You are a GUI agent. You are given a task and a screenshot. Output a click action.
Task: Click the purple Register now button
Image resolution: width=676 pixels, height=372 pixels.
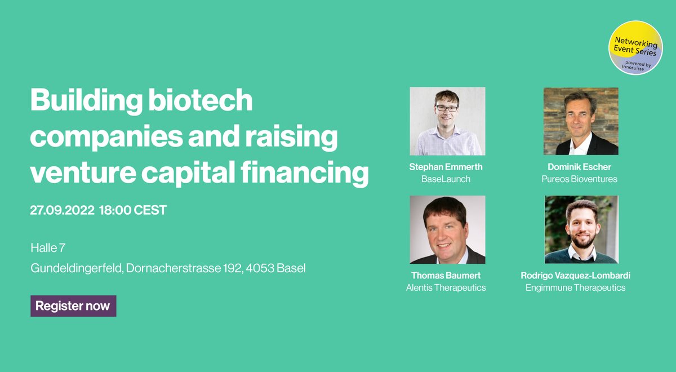tap(73, 306)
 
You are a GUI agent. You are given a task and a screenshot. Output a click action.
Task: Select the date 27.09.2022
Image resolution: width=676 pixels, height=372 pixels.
tap(61, 210)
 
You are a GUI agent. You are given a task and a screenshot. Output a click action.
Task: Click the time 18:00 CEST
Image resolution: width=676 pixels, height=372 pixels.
tap(133, 210)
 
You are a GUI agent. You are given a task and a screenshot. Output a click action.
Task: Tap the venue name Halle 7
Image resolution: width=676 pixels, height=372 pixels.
tap(49, 247)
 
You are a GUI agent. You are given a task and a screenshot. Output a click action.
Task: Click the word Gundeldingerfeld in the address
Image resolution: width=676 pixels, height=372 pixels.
tap(76, 268)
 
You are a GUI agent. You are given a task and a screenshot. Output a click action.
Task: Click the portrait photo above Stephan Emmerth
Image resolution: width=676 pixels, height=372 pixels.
tap(447, 121)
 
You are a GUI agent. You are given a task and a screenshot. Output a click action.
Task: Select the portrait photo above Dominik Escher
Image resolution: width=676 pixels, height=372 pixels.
tap(581, 121)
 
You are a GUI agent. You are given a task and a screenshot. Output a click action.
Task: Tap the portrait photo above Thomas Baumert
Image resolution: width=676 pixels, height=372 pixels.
tap(447, 229)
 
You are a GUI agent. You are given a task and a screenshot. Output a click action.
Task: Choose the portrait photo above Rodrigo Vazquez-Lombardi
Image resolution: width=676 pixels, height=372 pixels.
tap(581, 229)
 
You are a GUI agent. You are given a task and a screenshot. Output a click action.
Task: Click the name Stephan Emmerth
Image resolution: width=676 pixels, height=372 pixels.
tap(446, 167)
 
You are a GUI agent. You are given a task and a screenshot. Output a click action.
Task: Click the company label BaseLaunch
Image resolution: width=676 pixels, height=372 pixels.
tap(446, 179)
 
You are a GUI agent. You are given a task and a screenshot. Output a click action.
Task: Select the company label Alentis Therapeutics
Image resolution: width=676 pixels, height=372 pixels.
tap(446, 287)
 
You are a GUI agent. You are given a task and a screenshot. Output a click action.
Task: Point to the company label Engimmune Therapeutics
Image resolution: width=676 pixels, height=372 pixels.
tap(575, 287)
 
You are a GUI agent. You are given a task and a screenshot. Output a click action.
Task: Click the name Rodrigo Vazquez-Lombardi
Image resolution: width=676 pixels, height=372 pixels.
tap(575, 276)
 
